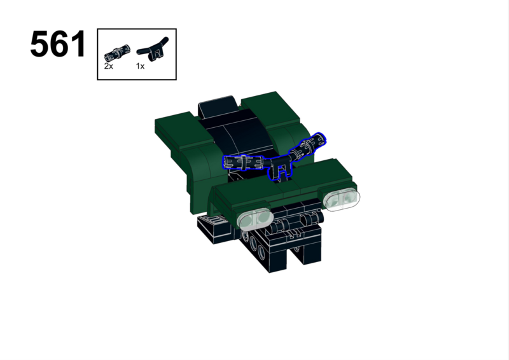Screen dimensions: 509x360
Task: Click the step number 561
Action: point(58,44)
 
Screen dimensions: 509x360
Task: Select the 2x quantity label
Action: point(108,66)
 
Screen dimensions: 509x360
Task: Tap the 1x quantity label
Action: point(140,66)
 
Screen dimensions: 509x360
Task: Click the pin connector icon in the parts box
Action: point(117,53)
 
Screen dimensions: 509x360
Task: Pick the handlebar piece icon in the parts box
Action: point(153,50)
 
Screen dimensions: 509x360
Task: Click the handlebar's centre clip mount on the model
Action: point(280,169)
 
